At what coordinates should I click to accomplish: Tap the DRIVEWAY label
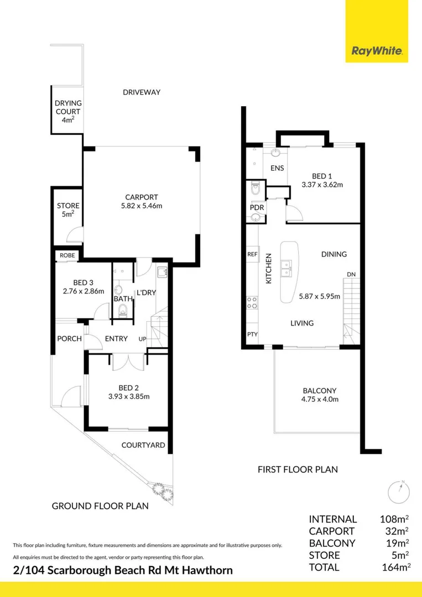coord(142,92)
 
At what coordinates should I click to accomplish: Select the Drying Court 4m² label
coord(67,111)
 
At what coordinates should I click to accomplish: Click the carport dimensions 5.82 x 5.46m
coord(142,206)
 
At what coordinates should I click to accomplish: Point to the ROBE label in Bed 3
coord(67,255)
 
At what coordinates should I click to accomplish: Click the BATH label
coord(123,299)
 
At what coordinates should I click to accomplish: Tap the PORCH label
coord(69,339)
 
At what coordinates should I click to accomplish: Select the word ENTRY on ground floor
coord(116,339)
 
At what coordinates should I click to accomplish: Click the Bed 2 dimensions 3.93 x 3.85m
coord(129,396)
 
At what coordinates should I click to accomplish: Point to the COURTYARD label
coord(143,444)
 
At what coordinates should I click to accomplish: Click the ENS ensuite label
coord(277,168)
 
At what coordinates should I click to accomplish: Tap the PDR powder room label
coord(257,207)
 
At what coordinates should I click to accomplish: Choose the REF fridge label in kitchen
coord(253,254)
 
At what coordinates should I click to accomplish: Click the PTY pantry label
coord(252,334)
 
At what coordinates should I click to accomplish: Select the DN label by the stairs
coord(351,274)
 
